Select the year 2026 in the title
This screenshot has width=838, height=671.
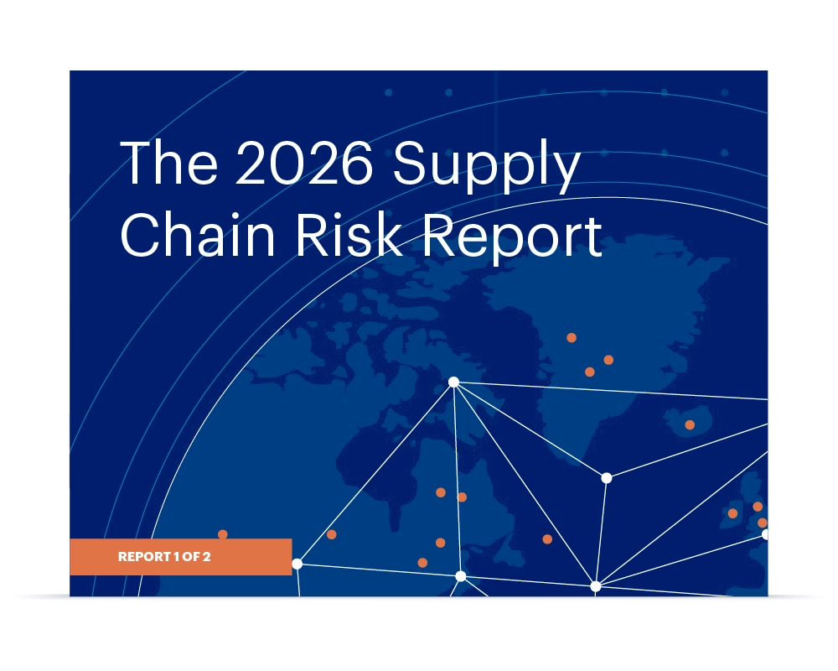click(303, 164)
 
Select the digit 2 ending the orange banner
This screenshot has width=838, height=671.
click(206, 557)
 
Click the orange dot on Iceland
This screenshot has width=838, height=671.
click(690, 424)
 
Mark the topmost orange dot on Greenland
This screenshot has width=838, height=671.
click(572, 337)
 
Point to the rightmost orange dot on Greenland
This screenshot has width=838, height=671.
click(608, 360)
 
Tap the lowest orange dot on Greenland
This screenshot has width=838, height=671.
click(590, 372)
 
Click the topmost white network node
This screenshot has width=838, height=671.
click(453, 382)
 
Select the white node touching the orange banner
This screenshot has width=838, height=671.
click(297, 564)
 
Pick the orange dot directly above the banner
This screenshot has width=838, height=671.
click(223, 534)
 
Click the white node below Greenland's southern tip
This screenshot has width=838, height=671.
click(607, 478)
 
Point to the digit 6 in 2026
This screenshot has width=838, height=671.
click(356, 164)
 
